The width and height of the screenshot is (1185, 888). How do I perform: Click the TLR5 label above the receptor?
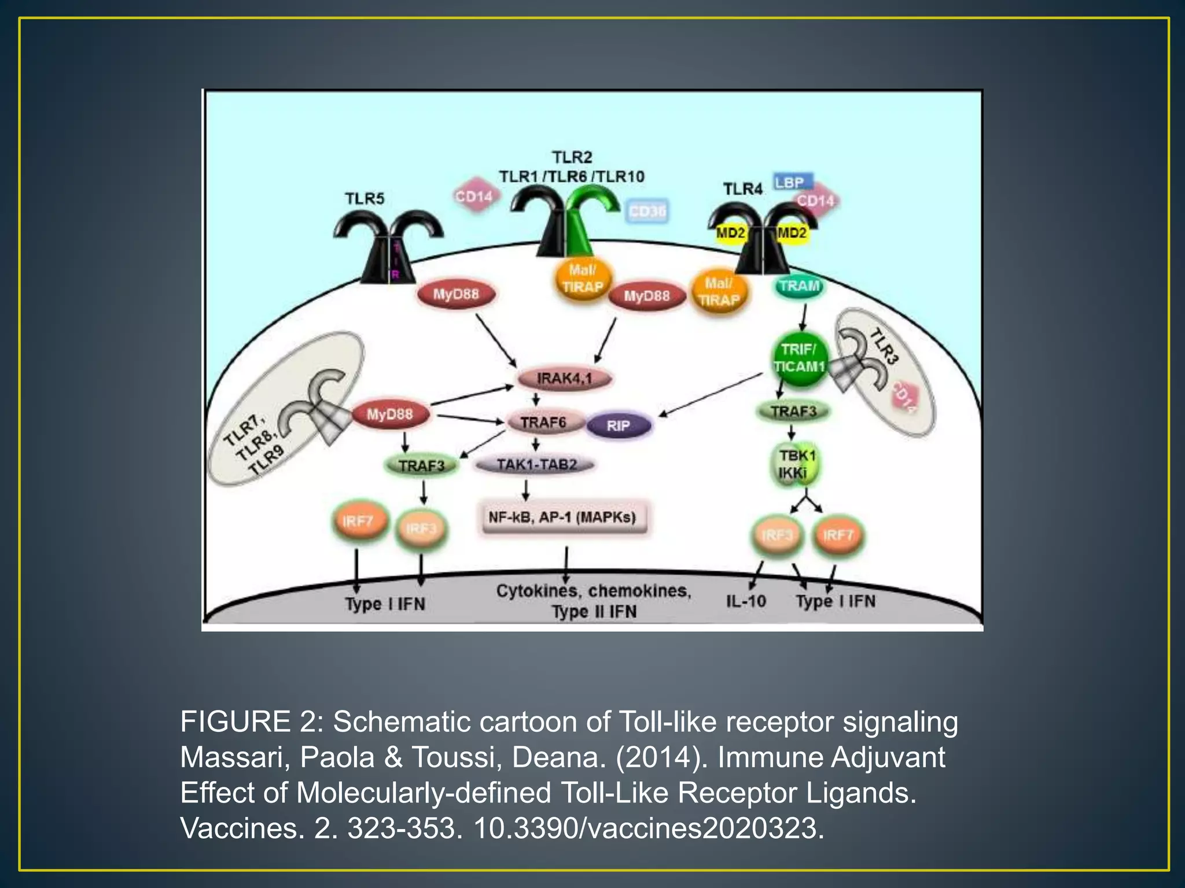(365, 198)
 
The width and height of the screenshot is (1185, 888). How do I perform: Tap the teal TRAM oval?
(799, 286)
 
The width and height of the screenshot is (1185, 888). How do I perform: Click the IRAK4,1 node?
(564, 379)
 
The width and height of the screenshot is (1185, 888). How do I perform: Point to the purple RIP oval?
(619, 426)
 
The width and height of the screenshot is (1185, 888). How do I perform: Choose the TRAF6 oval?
(543, 423)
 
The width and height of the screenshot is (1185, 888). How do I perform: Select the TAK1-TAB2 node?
(536, 464)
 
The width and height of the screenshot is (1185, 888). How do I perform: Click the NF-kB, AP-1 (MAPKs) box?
(562, 517)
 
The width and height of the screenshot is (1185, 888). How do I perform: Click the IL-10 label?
(746, 601)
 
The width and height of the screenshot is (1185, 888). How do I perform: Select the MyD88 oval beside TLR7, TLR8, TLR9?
(389, 415)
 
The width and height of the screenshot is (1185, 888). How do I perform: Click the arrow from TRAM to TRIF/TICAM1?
(803, 317)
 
